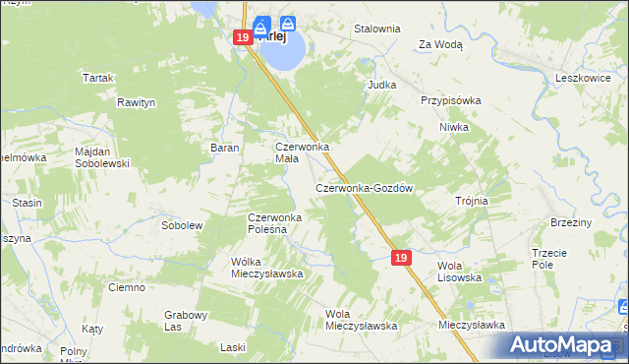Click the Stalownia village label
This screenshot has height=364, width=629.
[377, 29]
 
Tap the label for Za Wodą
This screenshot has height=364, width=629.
[440, 44]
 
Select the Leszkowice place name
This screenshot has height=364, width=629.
[584, 77]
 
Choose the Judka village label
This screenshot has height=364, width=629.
[381, 85]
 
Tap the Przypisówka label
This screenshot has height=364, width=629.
[450, 100]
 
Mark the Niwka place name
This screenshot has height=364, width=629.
[454, 127]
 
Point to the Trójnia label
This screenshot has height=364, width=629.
[472, 201]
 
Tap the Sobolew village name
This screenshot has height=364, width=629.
[181, 225]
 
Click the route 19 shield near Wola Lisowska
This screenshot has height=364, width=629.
[399, 257]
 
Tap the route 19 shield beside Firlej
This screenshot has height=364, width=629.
[243, 37]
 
